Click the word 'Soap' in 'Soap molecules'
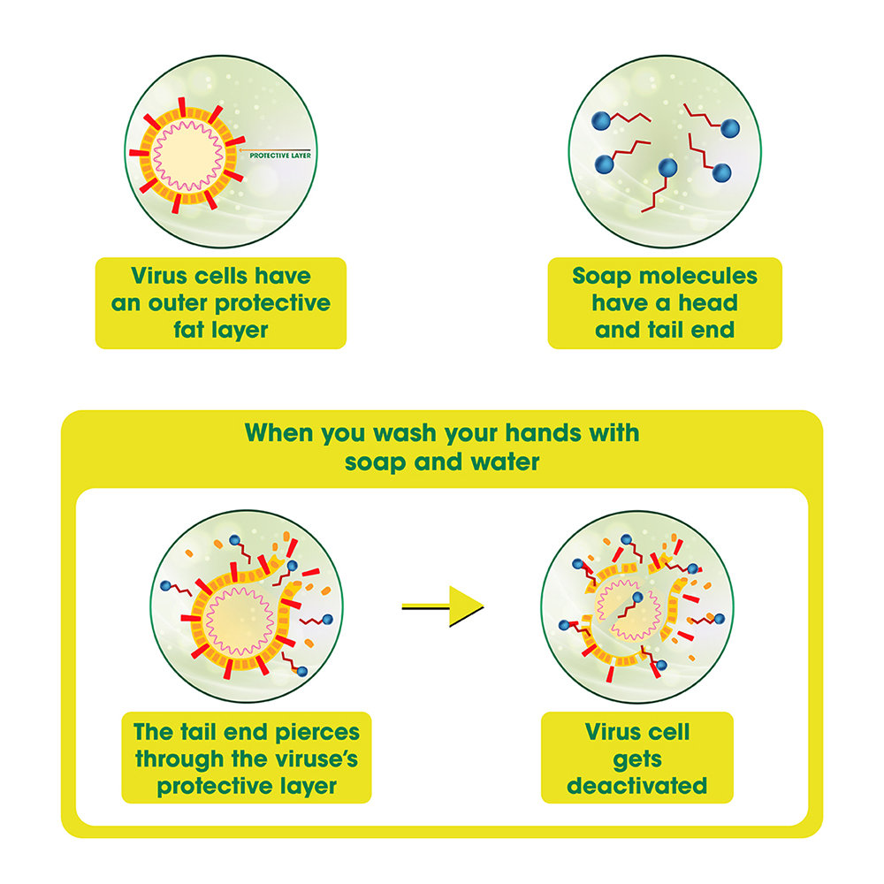click(604, 276)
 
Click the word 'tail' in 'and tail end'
click(663, 331)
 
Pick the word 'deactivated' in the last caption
click(636, 786)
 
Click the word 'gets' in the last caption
click(636, 759)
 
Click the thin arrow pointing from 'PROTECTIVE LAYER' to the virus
click(274, 149)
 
